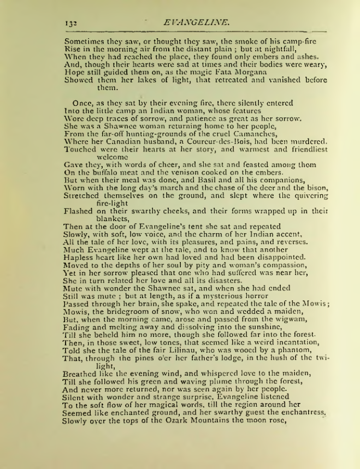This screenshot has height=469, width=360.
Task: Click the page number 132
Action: coord(69,23)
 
